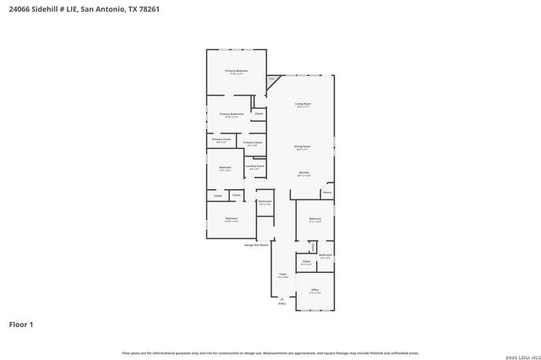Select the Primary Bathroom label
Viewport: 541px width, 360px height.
click(232, 114)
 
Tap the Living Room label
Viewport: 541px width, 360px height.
click(302, 104)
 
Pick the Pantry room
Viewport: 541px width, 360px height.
click(326, 193)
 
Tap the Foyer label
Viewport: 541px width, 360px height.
click(282, 275)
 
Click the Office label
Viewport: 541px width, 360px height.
click(314, 290)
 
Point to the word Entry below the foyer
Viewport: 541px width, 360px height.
click(282, 303)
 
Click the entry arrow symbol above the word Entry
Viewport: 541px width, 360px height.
click(282, 297)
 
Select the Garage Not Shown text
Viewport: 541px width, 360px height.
click(256, 244)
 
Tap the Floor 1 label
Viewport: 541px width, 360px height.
click(21, 324)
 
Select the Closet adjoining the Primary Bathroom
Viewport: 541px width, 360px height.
click(259, 113)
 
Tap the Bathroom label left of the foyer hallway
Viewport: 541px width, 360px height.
click(265, 202)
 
